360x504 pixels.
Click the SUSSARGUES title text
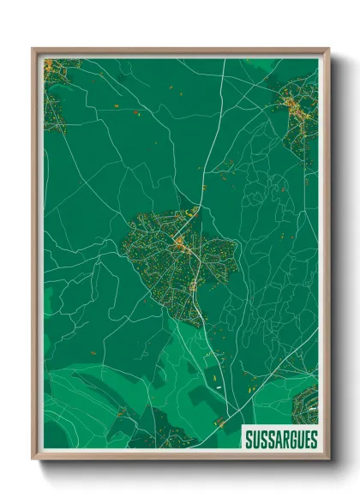[x=280, y=440]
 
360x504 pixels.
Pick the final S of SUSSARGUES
[x=313, y=440]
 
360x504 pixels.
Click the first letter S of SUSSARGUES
[x=248, y=440]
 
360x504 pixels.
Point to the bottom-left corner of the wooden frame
[x=33, y=459]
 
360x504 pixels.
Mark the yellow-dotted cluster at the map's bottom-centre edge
[x=220, y=422]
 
